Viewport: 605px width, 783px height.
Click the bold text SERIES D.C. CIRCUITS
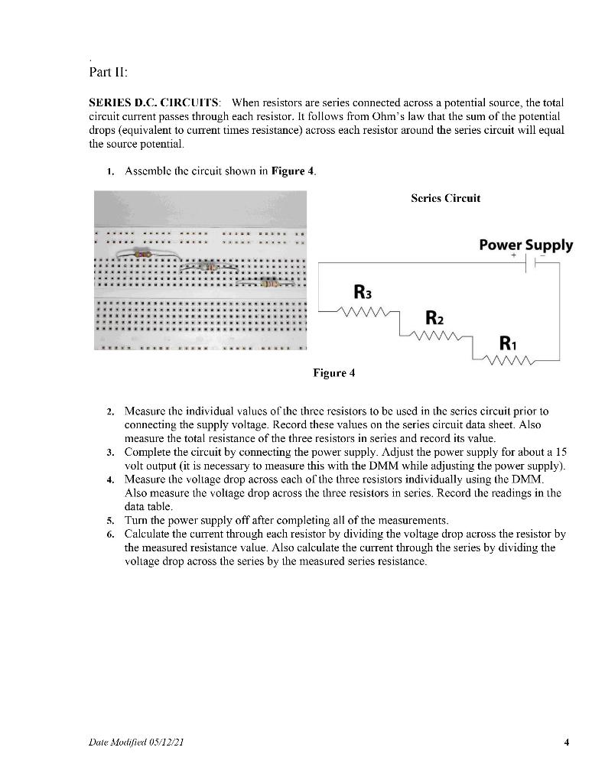[155, 102]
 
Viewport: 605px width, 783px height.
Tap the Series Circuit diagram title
[446, 198]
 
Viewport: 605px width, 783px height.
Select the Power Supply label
[525, 245]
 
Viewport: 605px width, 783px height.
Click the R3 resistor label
[363, 292]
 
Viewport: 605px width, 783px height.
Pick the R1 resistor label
[508, 343]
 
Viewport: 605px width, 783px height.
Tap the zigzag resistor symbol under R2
[436, 336]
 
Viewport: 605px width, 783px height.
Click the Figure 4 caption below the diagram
[334, 374]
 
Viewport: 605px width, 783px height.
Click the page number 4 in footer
[566, 741]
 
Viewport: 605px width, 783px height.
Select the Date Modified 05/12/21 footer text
[135, 742]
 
